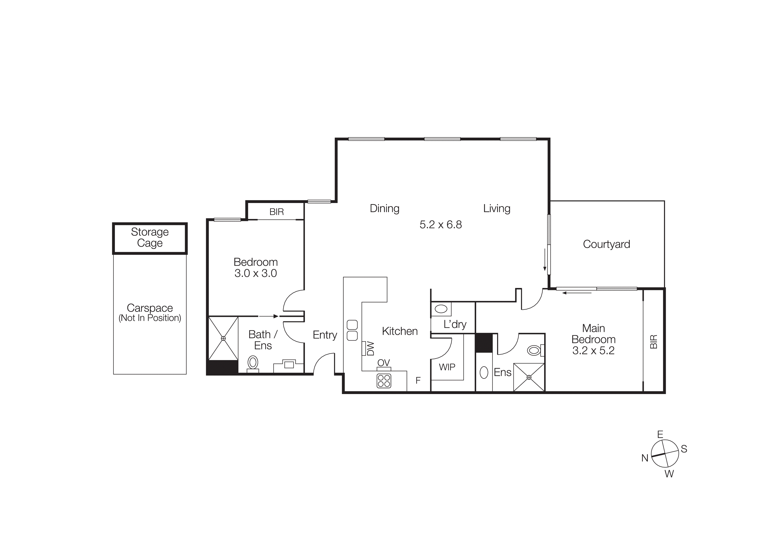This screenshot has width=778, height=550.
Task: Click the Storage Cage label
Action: click(150, 237)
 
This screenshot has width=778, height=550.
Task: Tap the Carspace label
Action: click(150, 308)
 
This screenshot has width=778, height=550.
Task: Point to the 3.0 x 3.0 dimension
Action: click(255, 273)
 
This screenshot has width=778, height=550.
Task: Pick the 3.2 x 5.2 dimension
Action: click(593, 350)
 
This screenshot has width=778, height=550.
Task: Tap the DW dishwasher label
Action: click(370, 348)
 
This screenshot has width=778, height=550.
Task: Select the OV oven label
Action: click(384, 363)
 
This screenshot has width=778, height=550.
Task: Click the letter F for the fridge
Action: click(418, 380)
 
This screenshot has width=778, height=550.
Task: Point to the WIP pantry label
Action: click(447, 367)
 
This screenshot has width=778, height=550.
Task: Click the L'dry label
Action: click(455, 324)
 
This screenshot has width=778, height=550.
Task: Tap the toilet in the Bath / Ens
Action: click(253, 363)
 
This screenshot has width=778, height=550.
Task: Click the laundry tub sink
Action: click(441, 309)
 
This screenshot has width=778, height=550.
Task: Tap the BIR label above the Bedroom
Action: click(277, 212)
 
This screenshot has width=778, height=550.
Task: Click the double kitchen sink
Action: click(352, 330)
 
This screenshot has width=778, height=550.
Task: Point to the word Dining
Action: click(385, 208)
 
